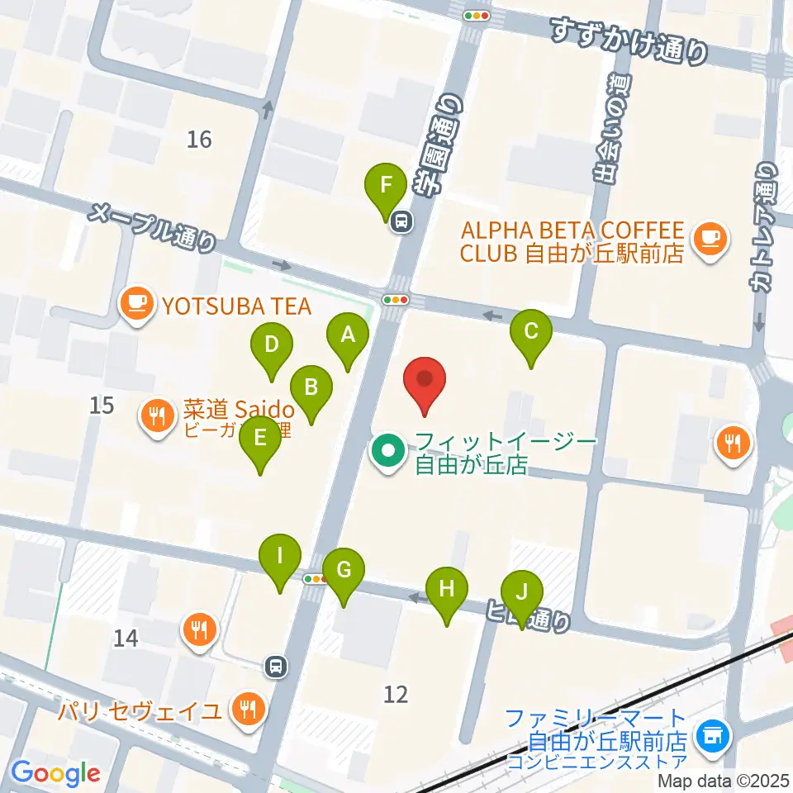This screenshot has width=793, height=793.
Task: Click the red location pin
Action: pyautogui.click(x=425, y=381)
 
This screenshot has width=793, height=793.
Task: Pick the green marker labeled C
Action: pyautogui.click(x=530, y=333)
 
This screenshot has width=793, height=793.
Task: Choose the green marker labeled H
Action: pyautogui.click(x=447, y=590)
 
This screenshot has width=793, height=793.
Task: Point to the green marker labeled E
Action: pyautogui.click(x=260, y=439)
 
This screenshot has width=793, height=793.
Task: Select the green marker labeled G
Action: pyautogui.click(x=343, y=570)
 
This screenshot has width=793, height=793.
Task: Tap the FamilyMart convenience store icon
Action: pyautogui.click(x=710, y=734)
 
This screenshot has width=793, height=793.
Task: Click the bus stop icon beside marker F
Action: pyautogui.click(x=402, y=221)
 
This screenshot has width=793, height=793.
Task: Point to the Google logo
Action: pyautogui.click(x=55, y=773)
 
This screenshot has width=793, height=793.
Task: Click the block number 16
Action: pyautogui.click(x=199, y=140)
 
